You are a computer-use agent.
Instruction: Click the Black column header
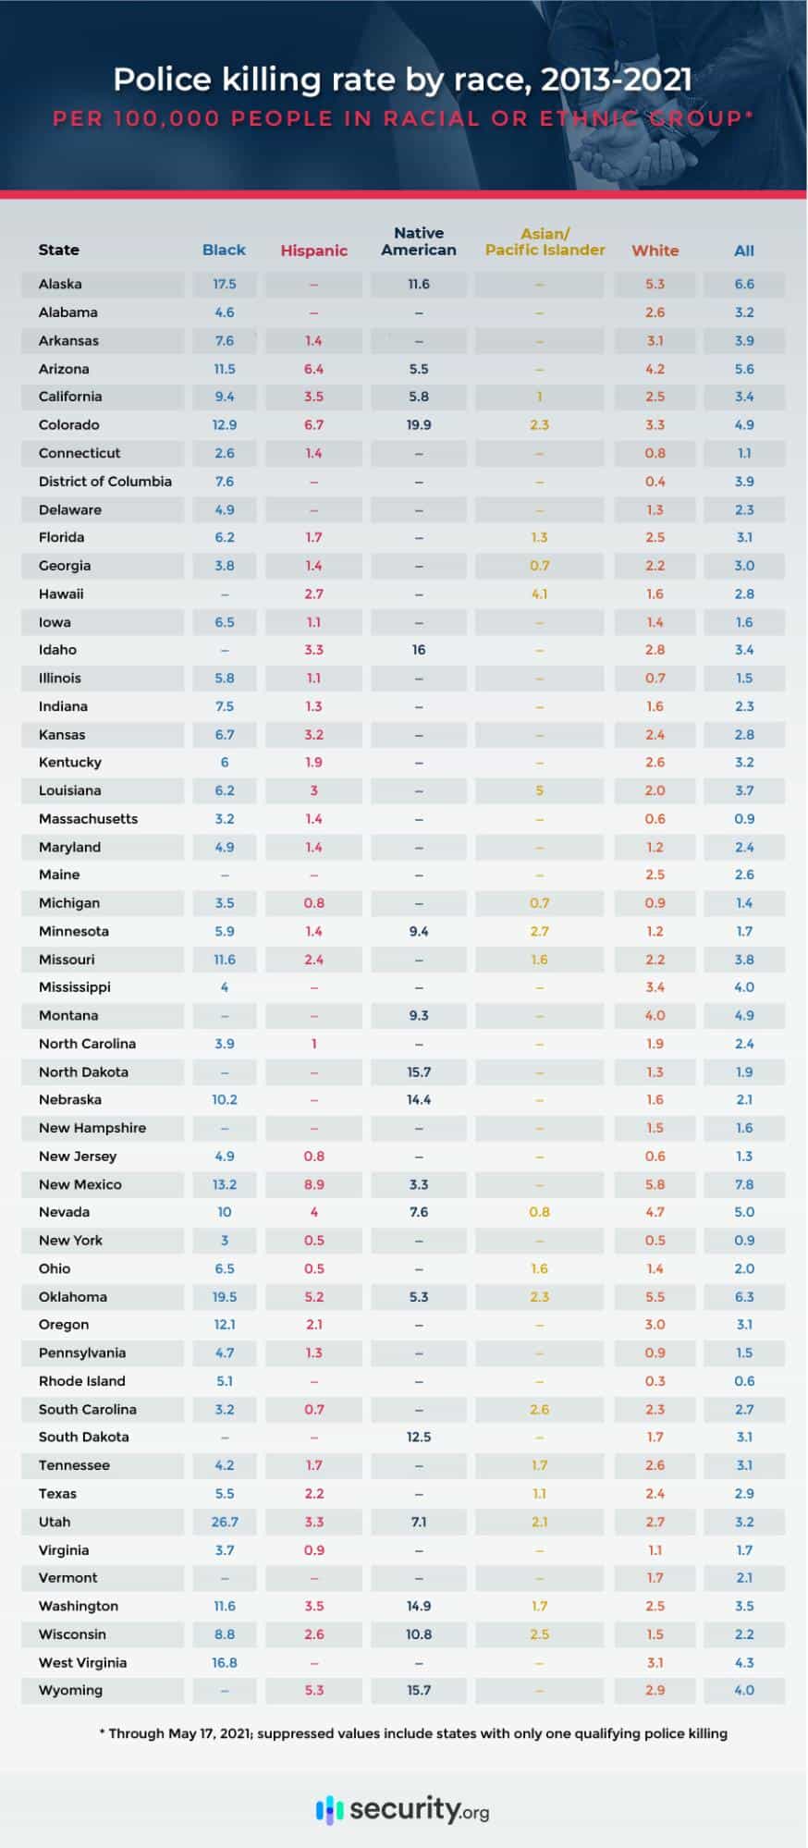pyautogui.click(x=224, y=250)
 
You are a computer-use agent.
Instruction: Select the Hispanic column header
pyautogui.click(x=314, y=251)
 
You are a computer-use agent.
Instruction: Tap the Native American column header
pyautogui.click(x=419, y=241)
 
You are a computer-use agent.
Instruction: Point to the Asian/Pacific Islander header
pyautogui.click(x=545, y=242)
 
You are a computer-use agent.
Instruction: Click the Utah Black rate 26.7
pyautogui.click(x=225, y=1522)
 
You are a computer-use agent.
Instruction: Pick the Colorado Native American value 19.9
pyautogui.click(x=419, y=425)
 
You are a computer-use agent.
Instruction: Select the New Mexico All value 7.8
pyautogui.click(x=744, y=1184)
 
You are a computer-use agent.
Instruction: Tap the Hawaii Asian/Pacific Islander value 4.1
pyautogui.click(x=540, y=594)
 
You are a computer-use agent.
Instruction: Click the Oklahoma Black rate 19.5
pyautogui.click(x=225, y=1297)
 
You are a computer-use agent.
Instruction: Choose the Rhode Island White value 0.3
pyautogui.click(x=655, y=1381)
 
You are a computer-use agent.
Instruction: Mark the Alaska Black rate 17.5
pyautogui.click(x=225, y=284)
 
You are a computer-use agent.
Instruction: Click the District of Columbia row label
pyautogui.click(x=105, y=482)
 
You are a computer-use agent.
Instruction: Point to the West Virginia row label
pyautogui.click(x=82, y=1662)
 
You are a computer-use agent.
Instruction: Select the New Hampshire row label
pyautogui.click(x=92, y=1128)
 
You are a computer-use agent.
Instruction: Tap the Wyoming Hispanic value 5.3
pyautogui.click(x=314, y=1690)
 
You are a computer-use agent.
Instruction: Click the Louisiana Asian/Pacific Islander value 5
pyautogui.click(x=540, y=790)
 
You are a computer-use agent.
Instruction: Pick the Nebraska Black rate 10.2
pyautogui.click(x=225, y=1099)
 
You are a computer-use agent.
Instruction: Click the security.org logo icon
pyautogui.click(x=329, y=1808)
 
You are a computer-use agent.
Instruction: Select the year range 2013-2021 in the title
pyautogui.click(x=616, y=80)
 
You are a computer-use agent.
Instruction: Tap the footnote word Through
pyautogui.click(x=136, y=1733)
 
